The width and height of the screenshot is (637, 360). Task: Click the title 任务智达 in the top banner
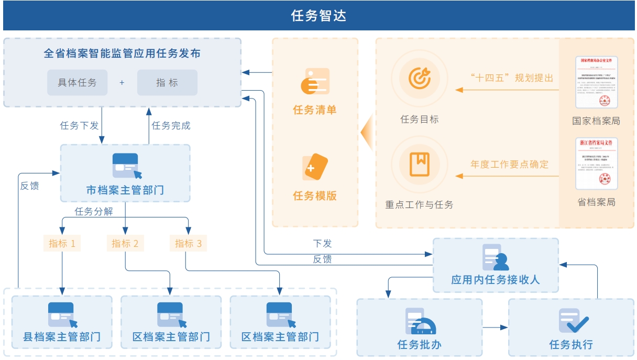click(x=318, y=16)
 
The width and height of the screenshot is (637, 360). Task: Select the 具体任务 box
click(x=77, y=82)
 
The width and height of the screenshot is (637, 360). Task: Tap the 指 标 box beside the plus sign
click(x=167, y=82)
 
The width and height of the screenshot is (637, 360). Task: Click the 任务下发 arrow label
click(x=79, y=126)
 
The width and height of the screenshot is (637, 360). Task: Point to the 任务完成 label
click(x=171, y=126)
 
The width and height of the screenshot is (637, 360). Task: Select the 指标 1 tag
click(x=62, y=243)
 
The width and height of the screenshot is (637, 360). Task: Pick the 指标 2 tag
click(x=125, y=243)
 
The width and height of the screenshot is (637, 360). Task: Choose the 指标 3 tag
click(x=188, y=243)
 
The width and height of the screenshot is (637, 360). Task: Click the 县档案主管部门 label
click(x=62, y=336)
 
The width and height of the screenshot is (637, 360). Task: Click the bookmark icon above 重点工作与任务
click(x=419, y=164)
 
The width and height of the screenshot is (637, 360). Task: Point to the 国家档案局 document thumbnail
click(x=596, y=84)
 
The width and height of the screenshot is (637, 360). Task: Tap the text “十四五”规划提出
click(x=512, y=78)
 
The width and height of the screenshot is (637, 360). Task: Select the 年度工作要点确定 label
click(x=509, y=164)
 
